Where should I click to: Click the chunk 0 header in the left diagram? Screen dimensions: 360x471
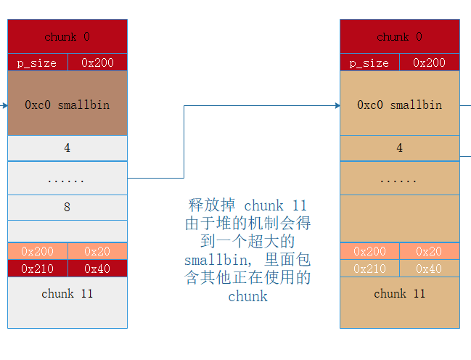[x=67, y=36]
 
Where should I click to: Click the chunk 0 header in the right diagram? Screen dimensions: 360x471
[x=399, y=36]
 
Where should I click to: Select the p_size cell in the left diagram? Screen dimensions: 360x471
[x=37, y=62]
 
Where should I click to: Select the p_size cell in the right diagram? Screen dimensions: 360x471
[x=369, y=62]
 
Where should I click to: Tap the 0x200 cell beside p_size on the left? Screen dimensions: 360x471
[x=97, y=62]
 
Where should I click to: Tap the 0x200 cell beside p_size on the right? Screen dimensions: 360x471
[x=430, y=62]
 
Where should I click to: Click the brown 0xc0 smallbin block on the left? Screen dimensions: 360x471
[x=67, y=105]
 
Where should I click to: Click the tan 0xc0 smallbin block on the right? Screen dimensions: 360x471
[x=399, y=105]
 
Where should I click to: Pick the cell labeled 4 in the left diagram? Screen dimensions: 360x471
[x=67, y=148]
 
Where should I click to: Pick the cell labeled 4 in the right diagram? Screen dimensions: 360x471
[x=399, y=148]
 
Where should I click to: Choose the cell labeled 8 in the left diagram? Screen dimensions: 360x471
[x=67, y=208]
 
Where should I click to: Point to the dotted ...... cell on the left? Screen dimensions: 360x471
[x=67, y=179]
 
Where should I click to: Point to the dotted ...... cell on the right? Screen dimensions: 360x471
[x=399, y=179]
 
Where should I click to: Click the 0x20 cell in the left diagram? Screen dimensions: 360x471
[x=97, y=251]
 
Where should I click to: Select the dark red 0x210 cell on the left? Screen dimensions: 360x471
[x=37, y=269]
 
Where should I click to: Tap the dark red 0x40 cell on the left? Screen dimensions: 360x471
[x=97, y=269]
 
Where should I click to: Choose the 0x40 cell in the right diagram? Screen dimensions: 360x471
[x=430, y=269]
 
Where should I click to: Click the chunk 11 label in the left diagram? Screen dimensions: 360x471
[x=67, y=294]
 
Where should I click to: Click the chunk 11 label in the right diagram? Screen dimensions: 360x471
[x=399, y=294]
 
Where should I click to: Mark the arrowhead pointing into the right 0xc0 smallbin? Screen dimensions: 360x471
[x=337, y=106]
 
